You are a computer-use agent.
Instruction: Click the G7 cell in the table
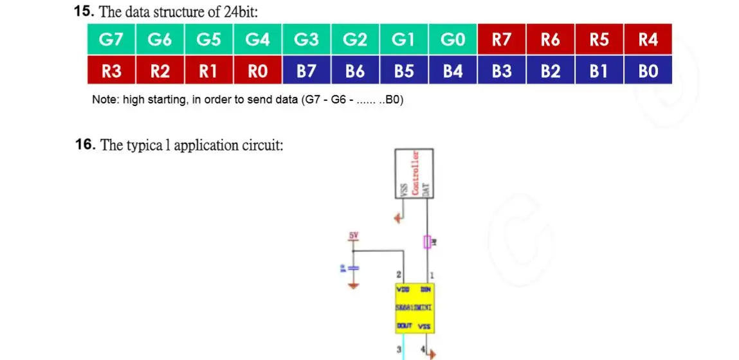[x=111, y=40]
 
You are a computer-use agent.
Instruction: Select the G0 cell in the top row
[x=453, y=40]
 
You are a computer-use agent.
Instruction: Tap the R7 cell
[x=502, y=40]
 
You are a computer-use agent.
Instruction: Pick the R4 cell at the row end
[x=648, y=40]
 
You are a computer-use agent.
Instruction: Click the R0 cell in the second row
[x=258, y=71]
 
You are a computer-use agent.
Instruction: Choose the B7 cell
[x=307, y=71]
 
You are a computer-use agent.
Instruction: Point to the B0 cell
[x=648, y=71]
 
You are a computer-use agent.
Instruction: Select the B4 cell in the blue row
[x=453, y=71]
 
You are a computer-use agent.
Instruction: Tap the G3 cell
[x=306, y=40]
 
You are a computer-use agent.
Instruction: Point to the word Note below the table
[x=104, y=100]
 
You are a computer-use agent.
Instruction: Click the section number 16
[x=86, y=145]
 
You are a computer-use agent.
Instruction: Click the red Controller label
[x=415, y=172]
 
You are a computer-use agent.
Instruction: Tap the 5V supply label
[x=353, y=236]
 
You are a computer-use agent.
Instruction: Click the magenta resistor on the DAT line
[x=427, y=242]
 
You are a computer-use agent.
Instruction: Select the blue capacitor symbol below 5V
[x=352, y=267]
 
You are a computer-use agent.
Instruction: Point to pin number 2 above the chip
[x=399, y=275]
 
